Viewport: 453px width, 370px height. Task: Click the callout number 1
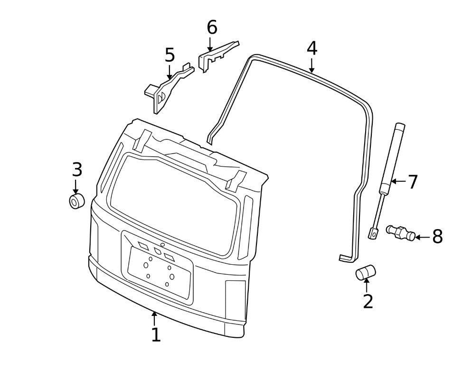[x=156, y=334]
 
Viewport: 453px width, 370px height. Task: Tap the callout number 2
[x=368, y=301]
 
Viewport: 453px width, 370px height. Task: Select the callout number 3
[x=77, y=169]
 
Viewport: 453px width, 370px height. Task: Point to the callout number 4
[x=311, y=48]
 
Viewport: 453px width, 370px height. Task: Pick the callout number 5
[x=170, y=55]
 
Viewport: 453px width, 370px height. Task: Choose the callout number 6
[x=212, y=28]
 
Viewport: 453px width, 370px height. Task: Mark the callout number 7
[x=412, y=182]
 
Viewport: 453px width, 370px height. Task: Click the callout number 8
[x=437, y=236]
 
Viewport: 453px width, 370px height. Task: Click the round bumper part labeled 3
[x=76, y=201]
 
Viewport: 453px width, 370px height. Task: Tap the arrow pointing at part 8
[x=422, y=236]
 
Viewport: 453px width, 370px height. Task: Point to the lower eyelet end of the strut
[x=374, y=233]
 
